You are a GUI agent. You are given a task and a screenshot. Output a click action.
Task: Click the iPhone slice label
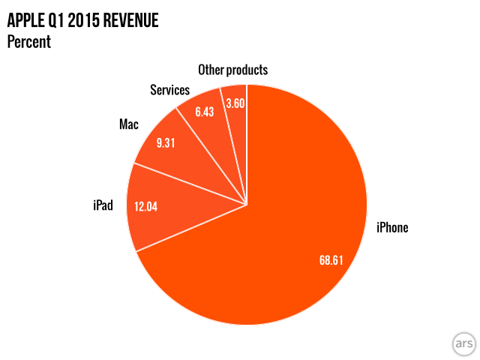tap(392, 227)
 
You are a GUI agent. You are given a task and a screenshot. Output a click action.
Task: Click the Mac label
tap(128, 124)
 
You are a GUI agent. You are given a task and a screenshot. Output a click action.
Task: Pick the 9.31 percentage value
tap(165, 142)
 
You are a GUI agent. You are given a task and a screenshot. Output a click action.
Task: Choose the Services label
tap(169, 90)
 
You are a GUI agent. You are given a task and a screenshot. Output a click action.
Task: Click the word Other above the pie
tap(211, 70)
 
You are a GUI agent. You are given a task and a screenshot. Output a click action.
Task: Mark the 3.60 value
tap(235, 103)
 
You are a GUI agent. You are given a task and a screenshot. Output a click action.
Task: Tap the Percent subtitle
tap(28, 42)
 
